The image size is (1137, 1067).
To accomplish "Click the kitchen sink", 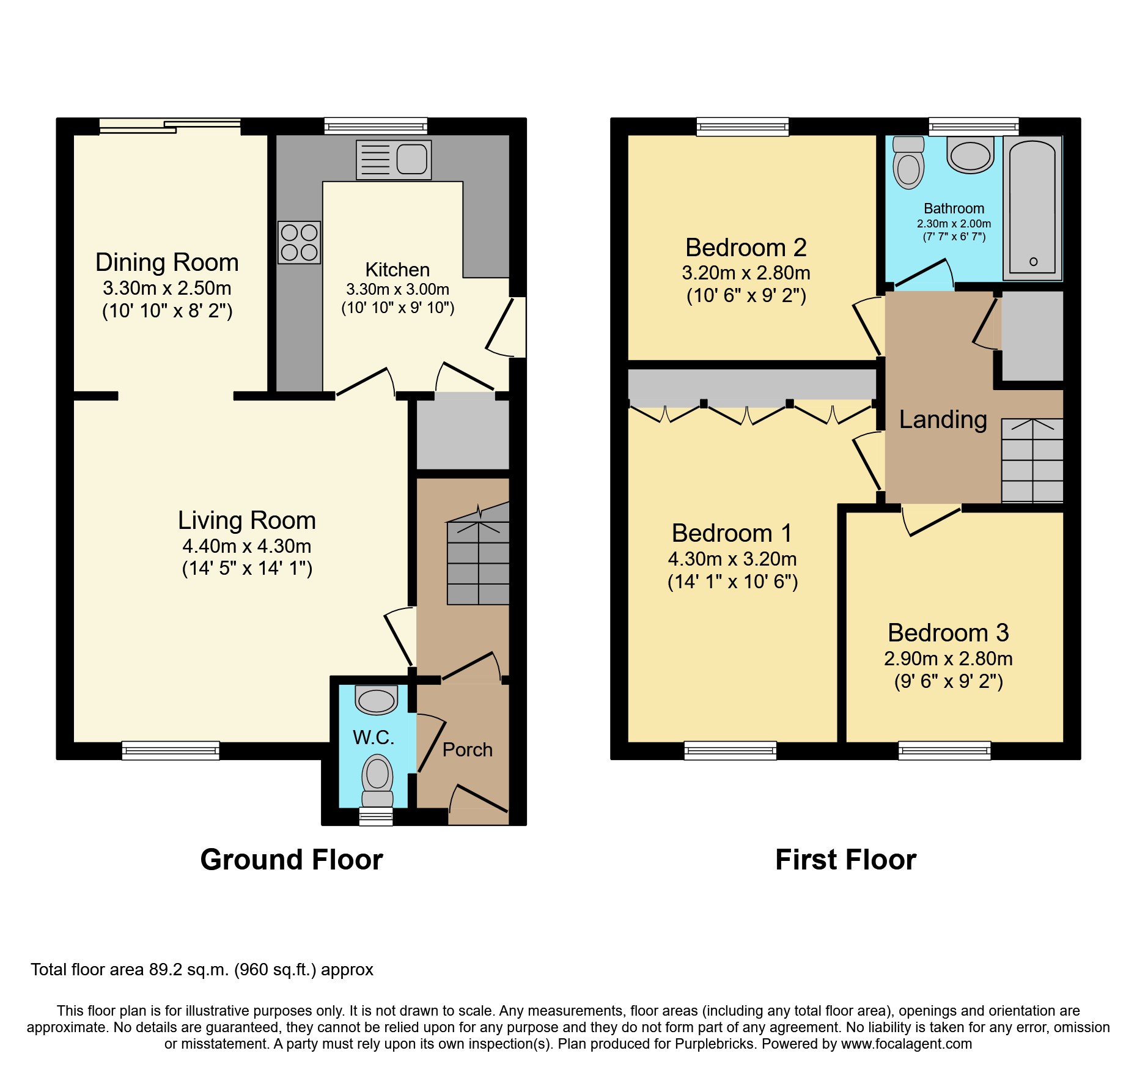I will point(394,160).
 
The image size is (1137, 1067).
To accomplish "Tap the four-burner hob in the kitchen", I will point(299,242).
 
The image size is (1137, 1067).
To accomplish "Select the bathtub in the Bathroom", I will point(1032,208).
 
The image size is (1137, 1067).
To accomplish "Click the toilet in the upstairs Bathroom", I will point(908,163).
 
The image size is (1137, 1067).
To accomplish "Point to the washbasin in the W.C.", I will point(376,701).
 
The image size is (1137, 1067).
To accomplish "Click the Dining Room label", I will point(167,262).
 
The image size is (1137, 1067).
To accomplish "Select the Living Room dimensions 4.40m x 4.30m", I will point(246,546).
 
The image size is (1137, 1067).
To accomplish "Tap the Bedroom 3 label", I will point(947,633).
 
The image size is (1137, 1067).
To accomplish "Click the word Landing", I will point(943,419).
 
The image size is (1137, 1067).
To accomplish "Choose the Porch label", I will point(467,750).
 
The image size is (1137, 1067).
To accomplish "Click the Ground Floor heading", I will point(292,860).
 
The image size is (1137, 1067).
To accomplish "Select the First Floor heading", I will point(845,860).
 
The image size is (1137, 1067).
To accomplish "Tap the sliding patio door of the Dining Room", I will point(169,126).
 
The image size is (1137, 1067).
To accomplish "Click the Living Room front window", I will point(171,750).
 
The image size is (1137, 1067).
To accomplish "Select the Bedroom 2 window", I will point(742,127).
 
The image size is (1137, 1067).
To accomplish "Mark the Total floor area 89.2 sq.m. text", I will point(202,970).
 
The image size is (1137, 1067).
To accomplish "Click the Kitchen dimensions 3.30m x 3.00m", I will point(397,289).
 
